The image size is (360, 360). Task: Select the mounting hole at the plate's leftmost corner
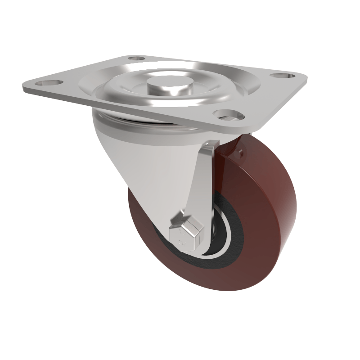coord(44,83)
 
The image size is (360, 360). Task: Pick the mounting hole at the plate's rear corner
coord(135,58)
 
